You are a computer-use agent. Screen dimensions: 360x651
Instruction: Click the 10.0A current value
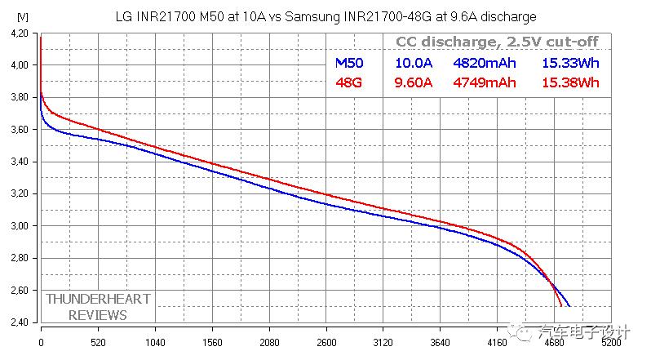tap(414, 62)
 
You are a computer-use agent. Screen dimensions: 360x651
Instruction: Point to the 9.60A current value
tap(414, 82)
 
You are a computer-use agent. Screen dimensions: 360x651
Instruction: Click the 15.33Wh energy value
tap(570, 62)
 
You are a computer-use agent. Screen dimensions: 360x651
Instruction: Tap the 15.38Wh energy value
tap(570, 82)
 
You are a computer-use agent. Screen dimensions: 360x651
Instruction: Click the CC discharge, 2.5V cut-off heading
tap(498, 42)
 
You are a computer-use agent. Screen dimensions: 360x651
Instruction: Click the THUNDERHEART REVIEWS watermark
tap(98, 307)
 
